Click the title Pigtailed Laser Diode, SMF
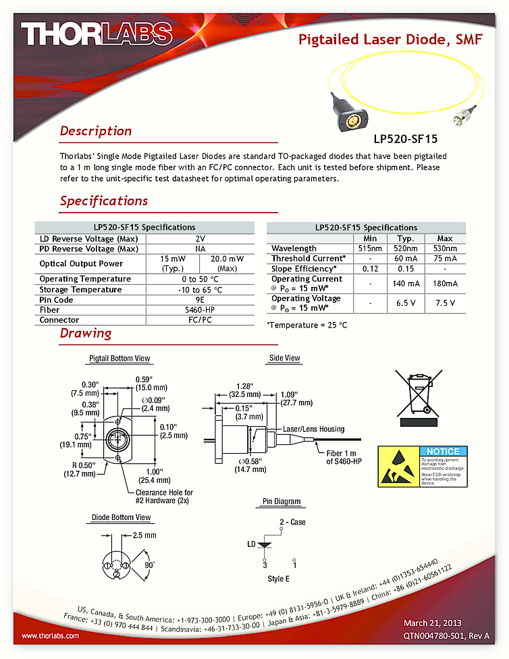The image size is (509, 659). pyautogui.click(x=390, y=40)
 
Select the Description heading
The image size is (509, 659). pyautogui.click(x=96, y=131)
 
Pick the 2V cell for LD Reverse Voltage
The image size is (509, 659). pyautogui.click(x=200, y=238)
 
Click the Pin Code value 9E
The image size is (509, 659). pyautogui.click(x=200, y=300)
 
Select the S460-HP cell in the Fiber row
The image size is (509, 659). pyautogui.click(x=200, y=310)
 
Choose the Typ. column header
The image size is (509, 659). pyautogui.click(x=405, y=238)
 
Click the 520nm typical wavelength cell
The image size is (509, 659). pyautogui.click(x=405, y=248)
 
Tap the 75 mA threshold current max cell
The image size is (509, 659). pyautogui.click(x=445, y=259)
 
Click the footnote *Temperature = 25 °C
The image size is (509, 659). pyautogui.click(x=307, y=325)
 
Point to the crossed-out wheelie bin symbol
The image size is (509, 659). pyautogui.click(x=414, y=392)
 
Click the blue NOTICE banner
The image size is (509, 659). pyautogui.click(x=442, y=451)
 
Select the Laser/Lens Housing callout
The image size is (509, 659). pyautogui.click(x=313, y=429)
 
